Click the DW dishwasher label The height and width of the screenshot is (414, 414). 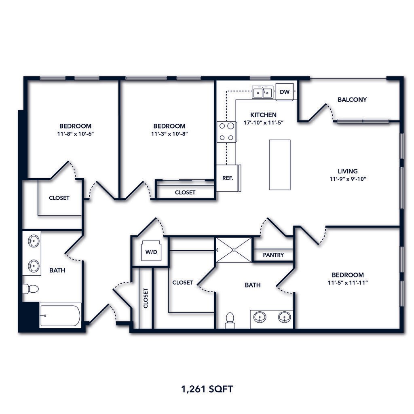click(285, 91)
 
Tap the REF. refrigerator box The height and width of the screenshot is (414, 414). click(227, 178)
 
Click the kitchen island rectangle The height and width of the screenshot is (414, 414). click(280, 165)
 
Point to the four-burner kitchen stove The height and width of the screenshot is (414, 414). click(226, 131)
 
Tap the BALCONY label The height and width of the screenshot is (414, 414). click(352, 99)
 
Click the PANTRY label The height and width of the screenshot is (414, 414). click(273, 255)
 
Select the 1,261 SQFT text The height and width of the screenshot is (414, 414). click(207, 389)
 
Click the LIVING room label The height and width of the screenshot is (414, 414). click(348, 171)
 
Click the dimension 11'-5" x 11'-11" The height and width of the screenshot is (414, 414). click(348, 283)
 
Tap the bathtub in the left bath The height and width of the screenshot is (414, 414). click(60, 316)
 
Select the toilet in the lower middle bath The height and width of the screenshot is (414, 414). click(230, 320)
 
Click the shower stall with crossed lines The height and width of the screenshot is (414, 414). click(234, 250)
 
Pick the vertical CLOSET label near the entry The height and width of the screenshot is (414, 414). click(146, 298)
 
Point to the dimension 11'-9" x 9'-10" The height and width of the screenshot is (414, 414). click(348, 179)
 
